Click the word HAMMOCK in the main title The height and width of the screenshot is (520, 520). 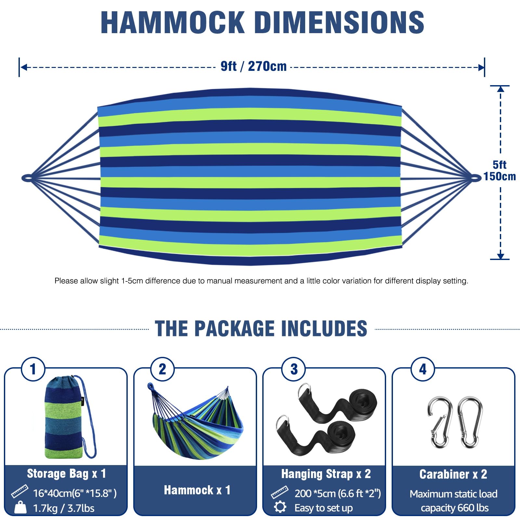coord(173,22)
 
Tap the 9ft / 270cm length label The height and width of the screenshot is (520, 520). coord(253,66)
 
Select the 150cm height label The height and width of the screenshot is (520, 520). coord(500,176)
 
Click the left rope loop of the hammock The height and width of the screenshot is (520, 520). coord(27,178)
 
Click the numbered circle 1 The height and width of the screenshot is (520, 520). coord(33,369)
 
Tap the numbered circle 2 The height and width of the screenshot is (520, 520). coord(162,369)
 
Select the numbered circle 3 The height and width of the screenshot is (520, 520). coord(294,369)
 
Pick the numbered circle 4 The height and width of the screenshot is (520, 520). coord(423,369)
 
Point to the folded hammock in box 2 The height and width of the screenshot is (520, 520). coord(196,422)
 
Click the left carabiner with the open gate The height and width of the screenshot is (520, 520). coord(440,422)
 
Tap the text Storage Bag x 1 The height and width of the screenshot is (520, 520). coord(67,474)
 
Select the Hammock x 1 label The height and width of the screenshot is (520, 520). coord(197,490)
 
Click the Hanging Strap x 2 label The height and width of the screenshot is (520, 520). coord(326,474)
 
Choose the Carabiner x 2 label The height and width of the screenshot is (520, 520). coord(453,474)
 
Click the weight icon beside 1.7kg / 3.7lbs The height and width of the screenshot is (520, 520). coord(20,507)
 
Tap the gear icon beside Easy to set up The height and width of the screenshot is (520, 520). coord(280,507)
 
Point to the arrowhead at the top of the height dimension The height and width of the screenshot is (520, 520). coord(500,89)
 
